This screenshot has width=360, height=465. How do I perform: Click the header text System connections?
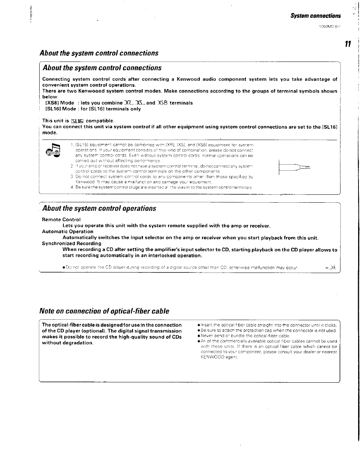(315, 16)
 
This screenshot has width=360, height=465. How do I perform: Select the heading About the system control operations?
(99, 208)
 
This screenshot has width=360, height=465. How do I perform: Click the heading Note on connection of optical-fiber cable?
(104, 311)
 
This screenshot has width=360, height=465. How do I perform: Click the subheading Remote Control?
(61, 220)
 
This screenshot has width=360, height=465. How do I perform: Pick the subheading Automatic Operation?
(68, 231)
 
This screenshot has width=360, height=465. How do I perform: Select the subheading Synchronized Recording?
(72, 243)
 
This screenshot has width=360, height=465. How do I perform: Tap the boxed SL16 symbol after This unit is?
(77, 121)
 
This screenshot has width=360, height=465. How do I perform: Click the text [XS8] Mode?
(60, 103)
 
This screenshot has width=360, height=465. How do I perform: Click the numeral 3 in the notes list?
(72, 176)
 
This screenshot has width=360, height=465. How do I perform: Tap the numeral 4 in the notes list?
(72, 187)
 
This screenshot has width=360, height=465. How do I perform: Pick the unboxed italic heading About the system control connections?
(99, 53)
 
